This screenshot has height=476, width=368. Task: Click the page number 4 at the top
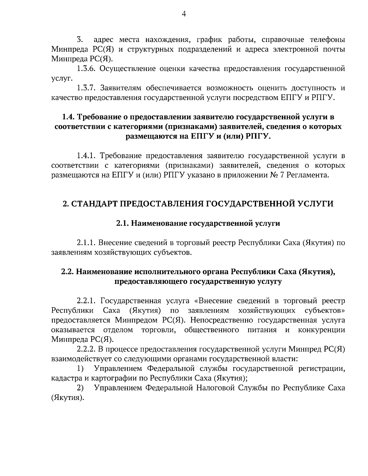click(x=184, y=14)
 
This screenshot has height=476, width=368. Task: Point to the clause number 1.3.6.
click(x=87, y=69)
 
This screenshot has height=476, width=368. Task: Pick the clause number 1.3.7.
click(x=87, y=88)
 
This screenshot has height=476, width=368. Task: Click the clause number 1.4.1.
click(x=87, y=156)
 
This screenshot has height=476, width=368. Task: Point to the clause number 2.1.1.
click(x=87, y=243)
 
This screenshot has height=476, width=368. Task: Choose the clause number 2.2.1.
click(x=87, y=301)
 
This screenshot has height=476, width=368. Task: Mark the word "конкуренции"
click(x=321, y=330)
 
